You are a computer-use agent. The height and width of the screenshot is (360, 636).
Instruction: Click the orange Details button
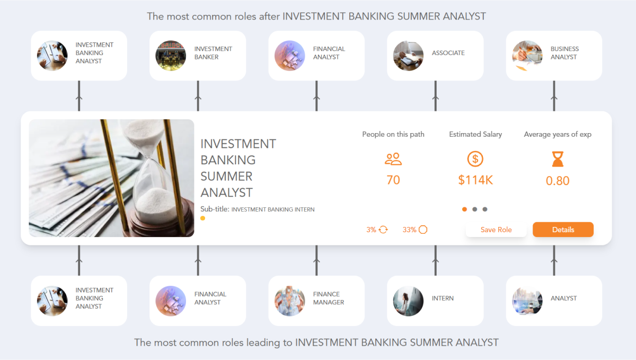[563, 230]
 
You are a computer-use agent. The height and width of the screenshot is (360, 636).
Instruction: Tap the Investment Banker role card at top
[197, 56]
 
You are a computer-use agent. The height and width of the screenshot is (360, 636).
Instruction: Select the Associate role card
[435, 56]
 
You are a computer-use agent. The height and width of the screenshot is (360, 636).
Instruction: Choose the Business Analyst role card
[554, 56]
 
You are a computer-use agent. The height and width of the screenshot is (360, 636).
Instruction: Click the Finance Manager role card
[316, 301]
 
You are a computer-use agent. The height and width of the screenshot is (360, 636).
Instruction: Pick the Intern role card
[435, 301]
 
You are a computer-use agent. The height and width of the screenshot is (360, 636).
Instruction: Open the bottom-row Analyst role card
[554, 301]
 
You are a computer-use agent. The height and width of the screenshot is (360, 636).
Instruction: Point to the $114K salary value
[475, 180]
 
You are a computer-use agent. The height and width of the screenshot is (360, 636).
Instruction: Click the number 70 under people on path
[393, 180]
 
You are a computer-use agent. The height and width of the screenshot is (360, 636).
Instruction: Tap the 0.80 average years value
[558, 181]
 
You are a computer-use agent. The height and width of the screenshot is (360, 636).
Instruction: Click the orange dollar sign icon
[475, 159]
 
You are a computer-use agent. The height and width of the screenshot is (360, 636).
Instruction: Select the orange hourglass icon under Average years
[558, 159]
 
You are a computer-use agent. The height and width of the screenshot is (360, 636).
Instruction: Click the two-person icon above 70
[393, 159]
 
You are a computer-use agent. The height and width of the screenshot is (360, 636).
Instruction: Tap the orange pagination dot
[465, 209]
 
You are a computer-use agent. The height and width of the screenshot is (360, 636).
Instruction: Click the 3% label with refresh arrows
[377, 230]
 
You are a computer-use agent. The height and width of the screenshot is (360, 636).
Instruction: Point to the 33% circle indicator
[415, 230]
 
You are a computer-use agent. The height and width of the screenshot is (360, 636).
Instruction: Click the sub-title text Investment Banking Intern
[272, 209]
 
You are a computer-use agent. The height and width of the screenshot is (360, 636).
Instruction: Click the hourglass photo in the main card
[111, 178]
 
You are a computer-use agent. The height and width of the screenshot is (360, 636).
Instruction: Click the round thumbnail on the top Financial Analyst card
[289, 56]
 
